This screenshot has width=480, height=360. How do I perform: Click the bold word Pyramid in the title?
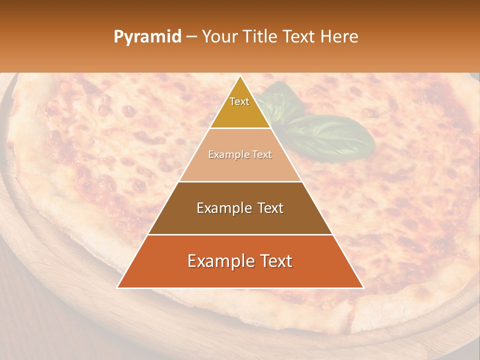click(x=147, y=37)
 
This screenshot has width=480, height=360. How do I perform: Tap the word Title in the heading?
click(x=260, y=36)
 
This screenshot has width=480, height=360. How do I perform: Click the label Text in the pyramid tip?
click(x=239, y=101)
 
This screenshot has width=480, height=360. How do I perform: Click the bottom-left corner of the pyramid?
click(x=117, y=288)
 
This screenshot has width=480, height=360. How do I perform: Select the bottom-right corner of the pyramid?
click(x=363, y=288)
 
